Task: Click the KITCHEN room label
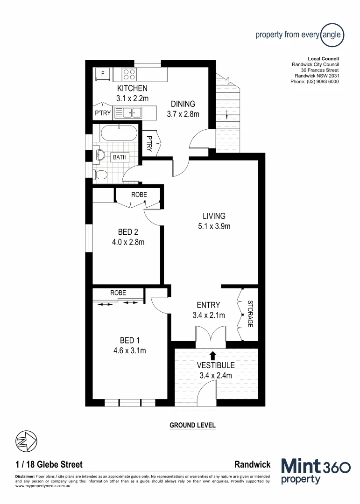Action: tap(132, 88)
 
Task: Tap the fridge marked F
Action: tap(102, 74)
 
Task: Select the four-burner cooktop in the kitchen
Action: tap(129, 75)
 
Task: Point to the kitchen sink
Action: tap(128, 112)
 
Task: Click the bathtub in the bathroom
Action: tap(120, 133)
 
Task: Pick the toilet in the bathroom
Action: tap(100, 175)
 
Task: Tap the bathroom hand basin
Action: tap(100, 155)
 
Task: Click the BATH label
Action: tap(119, 157)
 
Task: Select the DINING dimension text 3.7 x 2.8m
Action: tap(183, 114)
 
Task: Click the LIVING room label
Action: tap(214, 216)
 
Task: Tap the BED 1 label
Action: tap(127, 340)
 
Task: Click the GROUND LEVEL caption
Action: tap(192, 425)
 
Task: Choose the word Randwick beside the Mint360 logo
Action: tap(252, 464)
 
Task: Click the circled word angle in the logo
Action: tap(332, 35)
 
